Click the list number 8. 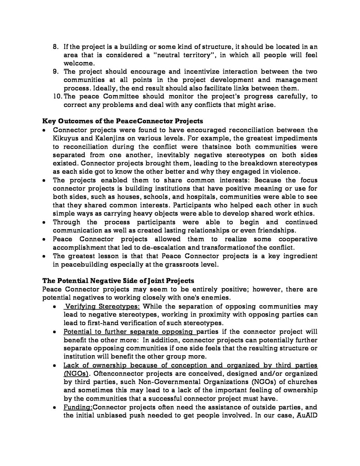(55, 47)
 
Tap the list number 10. (57, 97)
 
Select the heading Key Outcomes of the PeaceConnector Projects (123, 121)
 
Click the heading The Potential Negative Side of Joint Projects (118, 281)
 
